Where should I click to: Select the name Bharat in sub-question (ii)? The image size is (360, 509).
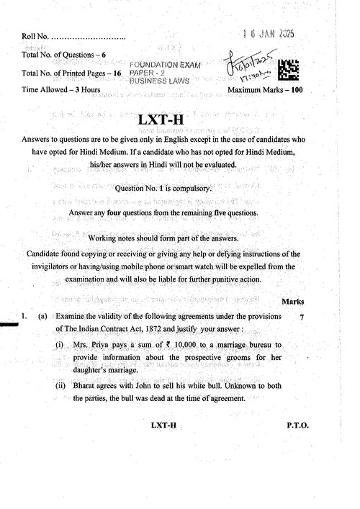(86, 386)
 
